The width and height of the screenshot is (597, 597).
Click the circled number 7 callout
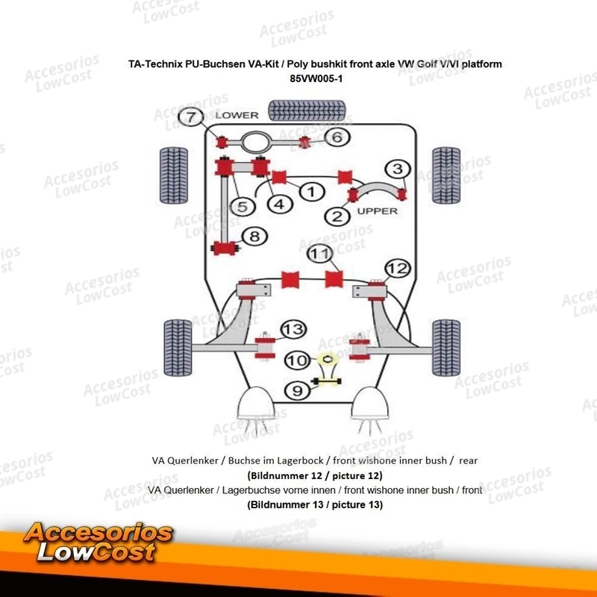(x=192, y=117)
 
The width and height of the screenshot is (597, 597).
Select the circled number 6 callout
(x=337, y=137)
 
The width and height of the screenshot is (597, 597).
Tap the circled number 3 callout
(x=398, y=169)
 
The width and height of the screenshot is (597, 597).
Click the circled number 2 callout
(x=337, y=216)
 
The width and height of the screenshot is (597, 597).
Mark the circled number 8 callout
(x=254, y=237)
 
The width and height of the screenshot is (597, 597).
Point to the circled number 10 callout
(x=297, y=360)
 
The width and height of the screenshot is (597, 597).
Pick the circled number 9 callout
(x=297, y=390)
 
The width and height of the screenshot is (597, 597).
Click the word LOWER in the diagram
(x=237, y=116)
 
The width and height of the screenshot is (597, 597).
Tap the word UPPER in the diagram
(x=377, y=210)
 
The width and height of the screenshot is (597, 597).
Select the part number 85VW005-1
(x=316, y=77)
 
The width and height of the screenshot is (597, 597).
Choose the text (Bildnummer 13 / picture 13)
(x=315, y=505)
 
